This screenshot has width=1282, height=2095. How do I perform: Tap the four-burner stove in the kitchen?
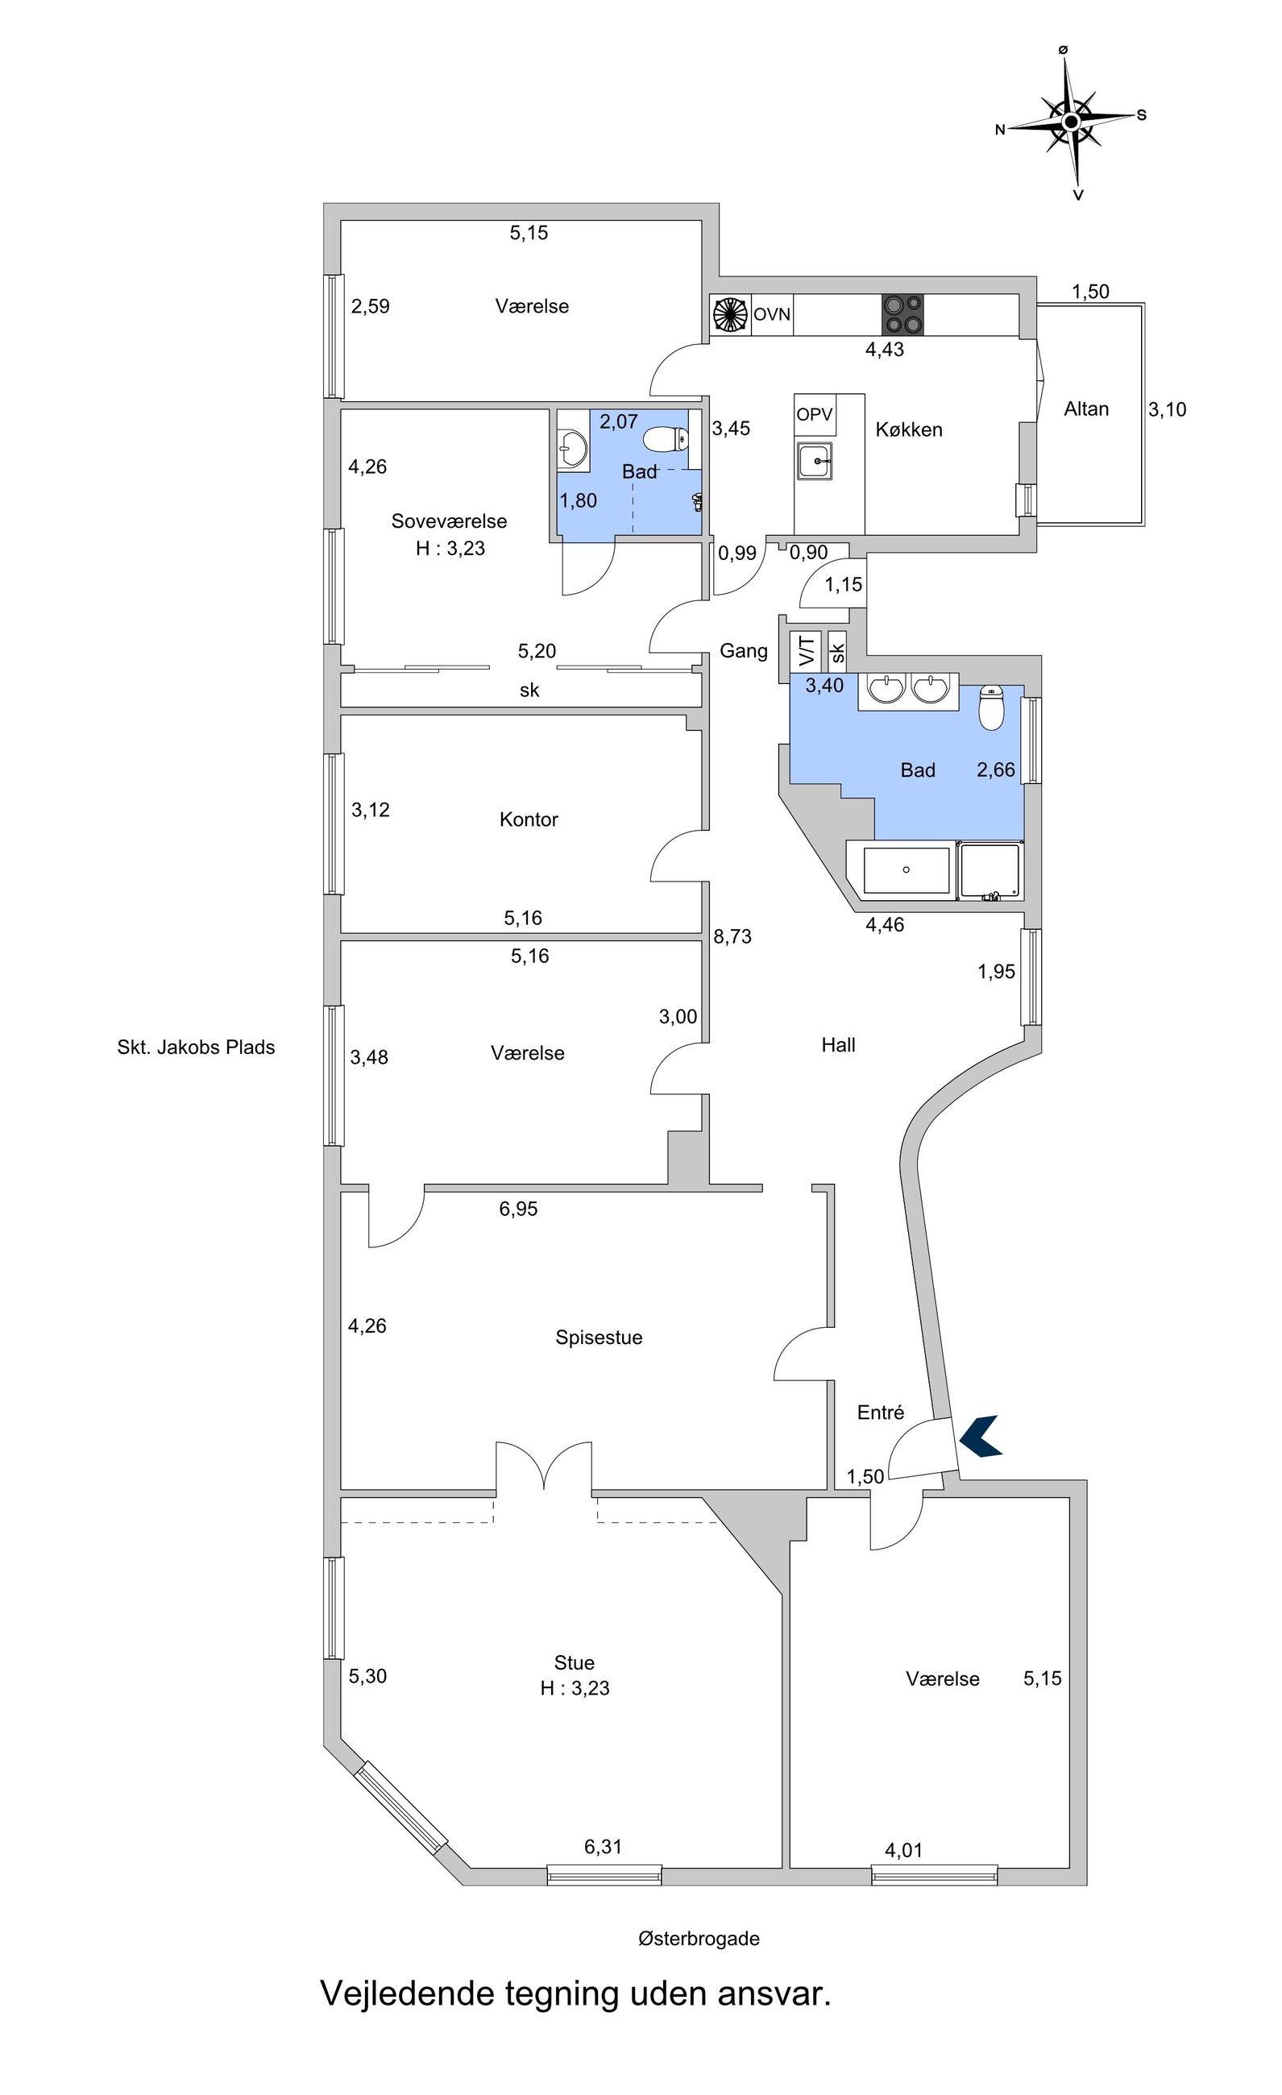pos(902,314)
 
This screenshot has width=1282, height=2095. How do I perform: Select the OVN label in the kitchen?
pos(772,314)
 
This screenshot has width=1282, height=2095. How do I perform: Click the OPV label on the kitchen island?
pos(815,416)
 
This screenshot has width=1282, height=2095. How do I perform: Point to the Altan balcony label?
pos(1086,409)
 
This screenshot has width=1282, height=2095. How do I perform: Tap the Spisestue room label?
pos(600,1338)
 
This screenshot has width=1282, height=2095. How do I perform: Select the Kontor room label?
pos(529,819)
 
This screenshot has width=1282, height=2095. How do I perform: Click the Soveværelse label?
pos(449,521)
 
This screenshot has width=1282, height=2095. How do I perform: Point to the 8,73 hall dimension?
pos(732,937)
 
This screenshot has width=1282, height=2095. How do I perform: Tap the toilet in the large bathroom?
pos(992,707)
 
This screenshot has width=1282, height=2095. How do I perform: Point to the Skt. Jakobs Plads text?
pos(197,1047)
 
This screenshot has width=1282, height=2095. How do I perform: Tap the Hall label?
pos(838,1045)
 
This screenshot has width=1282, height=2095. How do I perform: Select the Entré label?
pos(881,1413)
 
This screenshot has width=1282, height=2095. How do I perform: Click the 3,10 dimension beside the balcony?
pos(1168,410)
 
